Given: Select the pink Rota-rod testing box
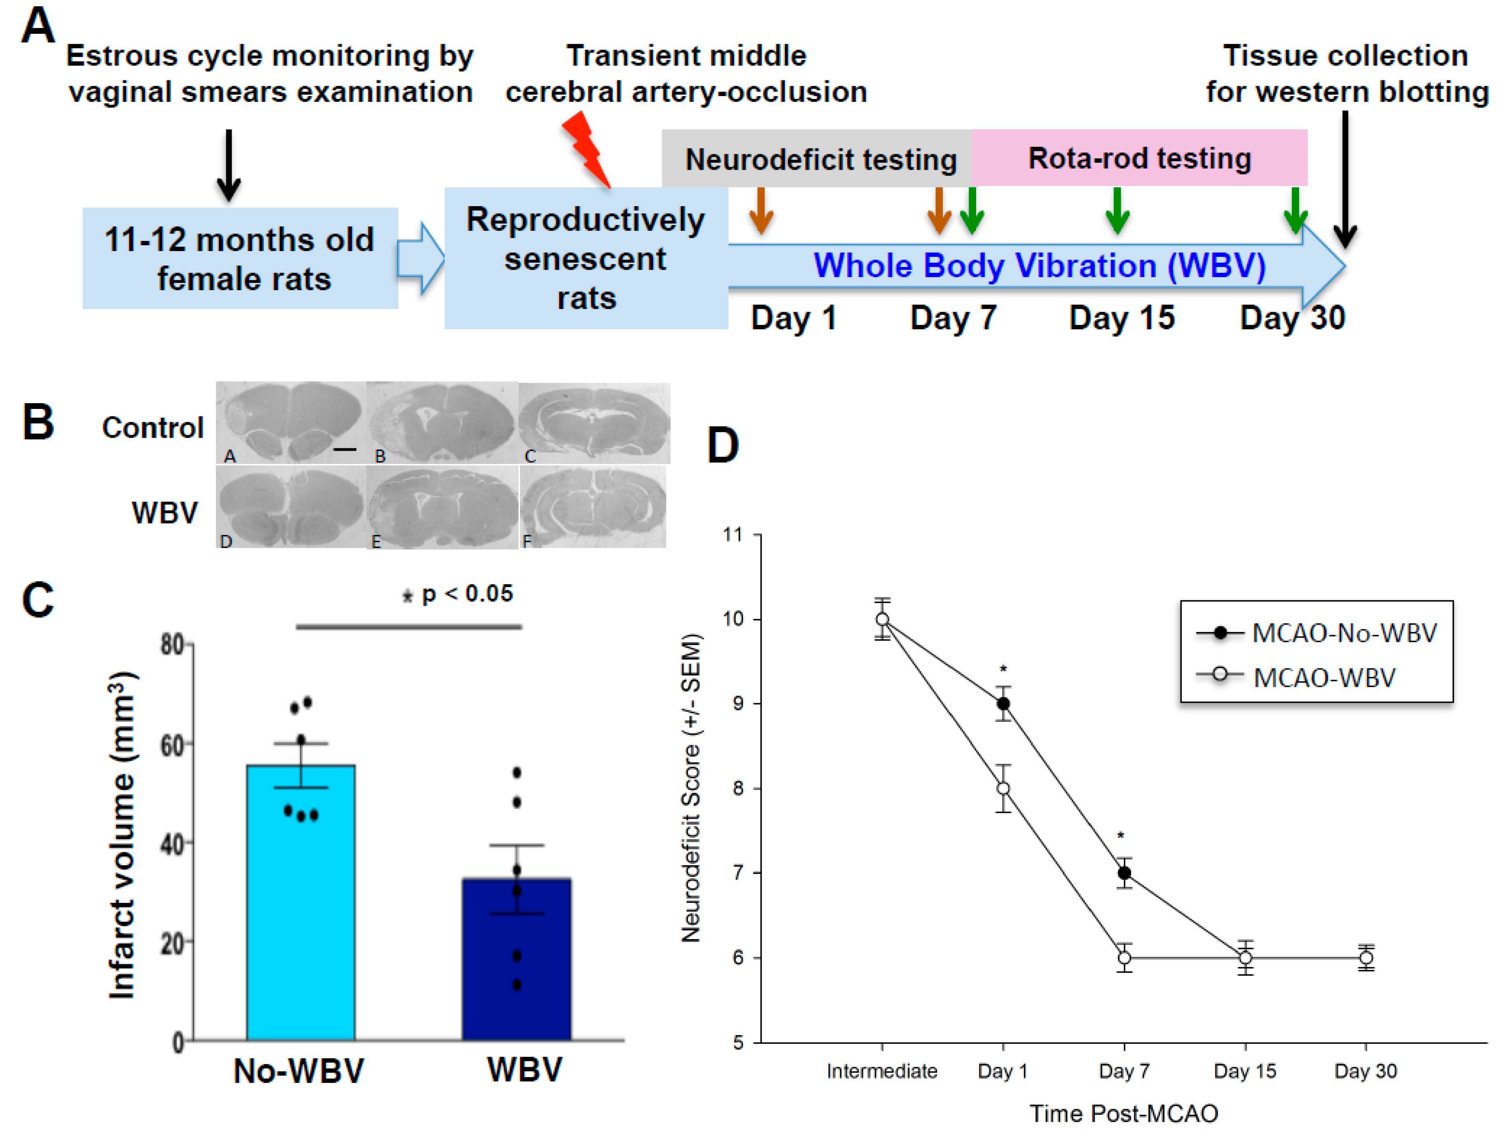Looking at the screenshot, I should click(x=1139, y=158).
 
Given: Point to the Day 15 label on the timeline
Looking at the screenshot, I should click(x=1121, y=317).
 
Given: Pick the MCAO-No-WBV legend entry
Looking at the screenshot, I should click(x=1316, y=633).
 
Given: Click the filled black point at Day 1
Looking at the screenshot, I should click(x=1003, y=704).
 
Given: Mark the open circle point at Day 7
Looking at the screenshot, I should click(x=1124, y=958).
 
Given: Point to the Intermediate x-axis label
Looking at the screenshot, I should click(x=882, y=1071).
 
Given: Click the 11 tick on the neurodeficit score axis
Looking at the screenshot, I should click(x=733, y=535).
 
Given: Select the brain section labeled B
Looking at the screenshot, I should click(x=442, y=423).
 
